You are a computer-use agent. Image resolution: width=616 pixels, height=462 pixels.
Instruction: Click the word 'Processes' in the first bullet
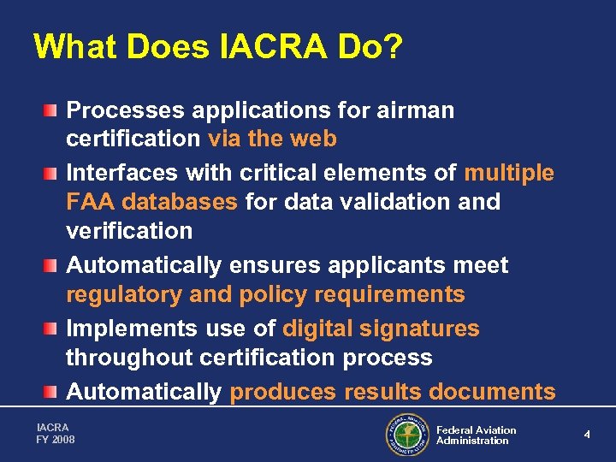126,110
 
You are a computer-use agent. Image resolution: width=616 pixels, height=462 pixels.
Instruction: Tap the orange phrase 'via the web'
272,139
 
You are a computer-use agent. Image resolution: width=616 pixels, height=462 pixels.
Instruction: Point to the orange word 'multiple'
509,173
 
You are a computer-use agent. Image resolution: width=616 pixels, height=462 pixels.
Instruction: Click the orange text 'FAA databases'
152,202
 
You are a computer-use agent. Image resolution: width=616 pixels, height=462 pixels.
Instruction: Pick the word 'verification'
129,230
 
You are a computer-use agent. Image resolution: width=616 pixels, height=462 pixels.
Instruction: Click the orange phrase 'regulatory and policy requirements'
265,294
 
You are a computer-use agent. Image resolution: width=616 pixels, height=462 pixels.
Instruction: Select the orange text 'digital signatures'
381,329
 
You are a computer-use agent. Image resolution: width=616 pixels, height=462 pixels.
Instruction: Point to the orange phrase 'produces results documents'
393,392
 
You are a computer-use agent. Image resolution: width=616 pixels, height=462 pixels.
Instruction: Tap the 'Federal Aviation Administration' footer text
476,435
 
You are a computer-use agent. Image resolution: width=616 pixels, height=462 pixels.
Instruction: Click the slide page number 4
587,435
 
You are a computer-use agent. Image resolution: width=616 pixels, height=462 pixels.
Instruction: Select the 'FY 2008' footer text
56,440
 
